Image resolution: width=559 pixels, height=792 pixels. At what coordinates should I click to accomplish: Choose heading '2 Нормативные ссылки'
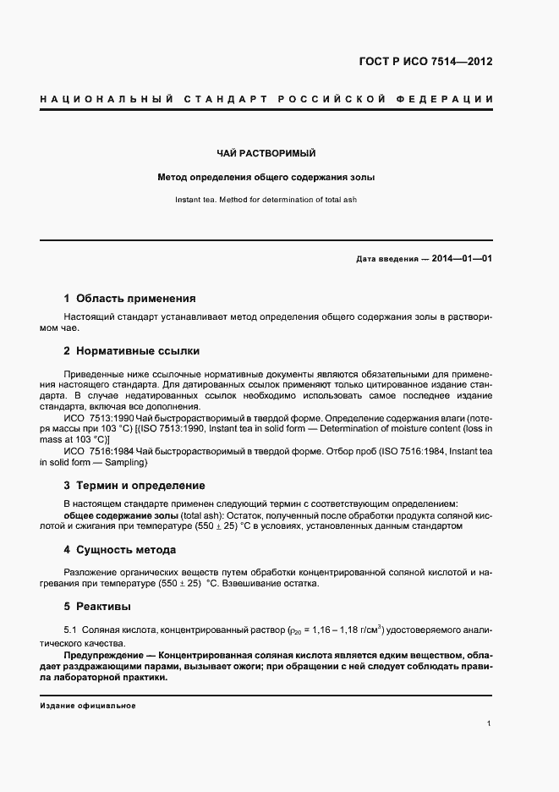132,350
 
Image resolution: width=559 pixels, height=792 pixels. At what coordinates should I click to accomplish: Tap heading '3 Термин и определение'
134,486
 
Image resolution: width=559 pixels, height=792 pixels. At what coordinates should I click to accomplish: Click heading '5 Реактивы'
97,606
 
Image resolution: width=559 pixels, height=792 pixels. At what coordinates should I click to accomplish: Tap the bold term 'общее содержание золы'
121,514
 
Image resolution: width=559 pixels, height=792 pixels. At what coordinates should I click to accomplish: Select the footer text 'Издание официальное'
88,706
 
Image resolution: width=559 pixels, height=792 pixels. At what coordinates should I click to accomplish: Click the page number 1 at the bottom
490,723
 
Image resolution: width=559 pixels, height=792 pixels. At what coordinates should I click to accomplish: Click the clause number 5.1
71,630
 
